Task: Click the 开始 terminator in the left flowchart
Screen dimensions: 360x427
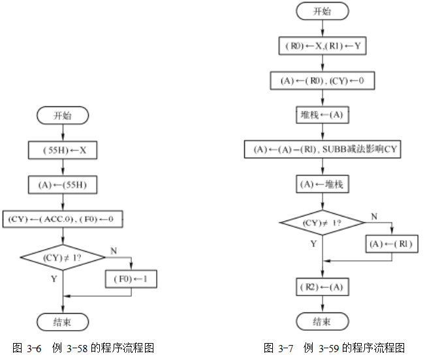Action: (62, 116)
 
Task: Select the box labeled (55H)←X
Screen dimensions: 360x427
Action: (62, 151)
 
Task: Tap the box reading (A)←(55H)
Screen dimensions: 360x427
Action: (62, 185)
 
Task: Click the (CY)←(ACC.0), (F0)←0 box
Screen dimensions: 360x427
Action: (62, 218)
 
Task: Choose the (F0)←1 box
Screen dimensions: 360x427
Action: (131, 280)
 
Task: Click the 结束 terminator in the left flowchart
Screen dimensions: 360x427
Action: (62, 322)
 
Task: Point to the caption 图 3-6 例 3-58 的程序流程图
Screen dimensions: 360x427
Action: (84, 348)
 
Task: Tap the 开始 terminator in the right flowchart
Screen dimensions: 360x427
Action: (322, 11)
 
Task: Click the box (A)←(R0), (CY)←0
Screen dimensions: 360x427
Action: (322, 80)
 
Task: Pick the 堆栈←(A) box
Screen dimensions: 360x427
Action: (322, 115)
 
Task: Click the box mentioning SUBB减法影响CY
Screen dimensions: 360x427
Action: (322, 149)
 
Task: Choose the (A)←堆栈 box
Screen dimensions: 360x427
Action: (322, 184)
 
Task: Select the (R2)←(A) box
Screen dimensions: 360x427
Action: (322, 287)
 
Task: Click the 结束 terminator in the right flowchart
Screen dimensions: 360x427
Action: (322, 322)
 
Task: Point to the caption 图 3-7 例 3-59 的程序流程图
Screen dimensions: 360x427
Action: (334, 348)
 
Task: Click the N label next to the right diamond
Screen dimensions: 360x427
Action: (374, 216)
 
